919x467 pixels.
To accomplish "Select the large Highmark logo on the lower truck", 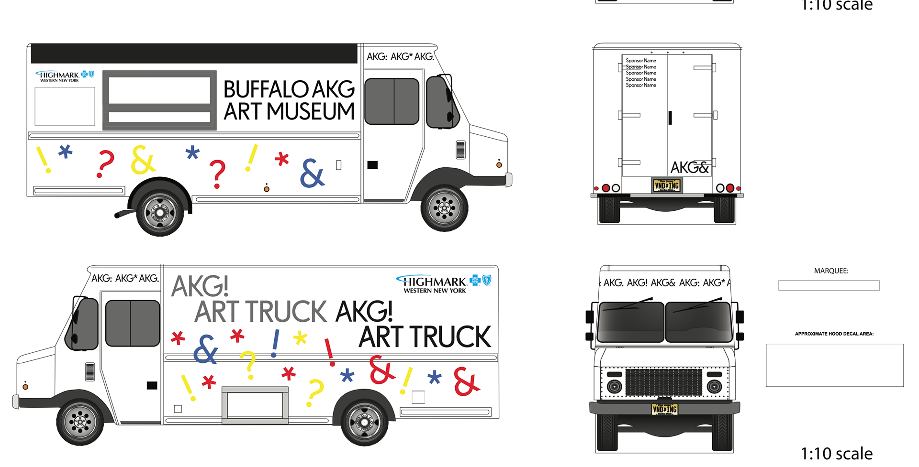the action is pyautogui.click(x=443, y=283).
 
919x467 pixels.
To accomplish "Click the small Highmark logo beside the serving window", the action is pyautogui.click(x=64, y=76).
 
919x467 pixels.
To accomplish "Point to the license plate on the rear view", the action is pyautogui.click(x=667, y=185).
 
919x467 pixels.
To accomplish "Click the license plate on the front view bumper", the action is pyautogui.click(x=664, y=409).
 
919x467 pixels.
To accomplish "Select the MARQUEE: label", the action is pyautogui.click(x=831, y=271).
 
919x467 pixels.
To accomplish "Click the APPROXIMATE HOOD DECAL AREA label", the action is pyautogui.click(x=834, y=334).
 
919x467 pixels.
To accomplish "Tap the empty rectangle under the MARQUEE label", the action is pyautogui.click(x=829, y=285).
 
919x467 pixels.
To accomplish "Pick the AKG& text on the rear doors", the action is pyautogui.click(x=689, y=168).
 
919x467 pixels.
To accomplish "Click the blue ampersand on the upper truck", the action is pyautogui.click(x=312, y=173).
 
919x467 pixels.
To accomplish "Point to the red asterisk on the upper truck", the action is pyautogui.click(x=282, y=159).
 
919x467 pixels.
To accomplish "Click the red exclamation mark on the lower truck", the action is pyautogui.click(x=329, y=352).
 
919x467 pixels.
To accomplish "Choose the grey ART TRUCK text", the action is pyautogui.click(x=260, y=312).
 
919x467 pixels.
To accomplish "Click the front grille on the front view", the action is pyautogui.click(x=663, y=382).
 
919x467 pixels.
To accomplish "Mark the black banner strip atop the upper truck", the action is pyautogui.click(x=194, y=54).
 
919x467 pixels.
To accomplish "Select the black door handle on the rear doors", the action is pyautogui.click(x=670, y=118).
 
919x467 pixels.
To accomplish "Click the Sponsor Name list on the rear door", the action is pyautogui.click(x=640, y=73).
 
